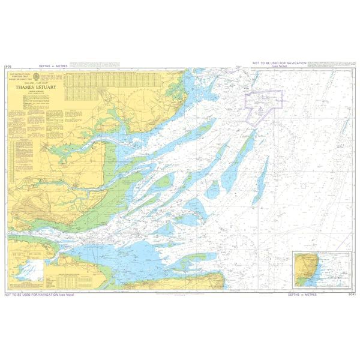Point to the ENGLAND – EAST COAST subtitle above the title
click(x=41, y=82)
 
